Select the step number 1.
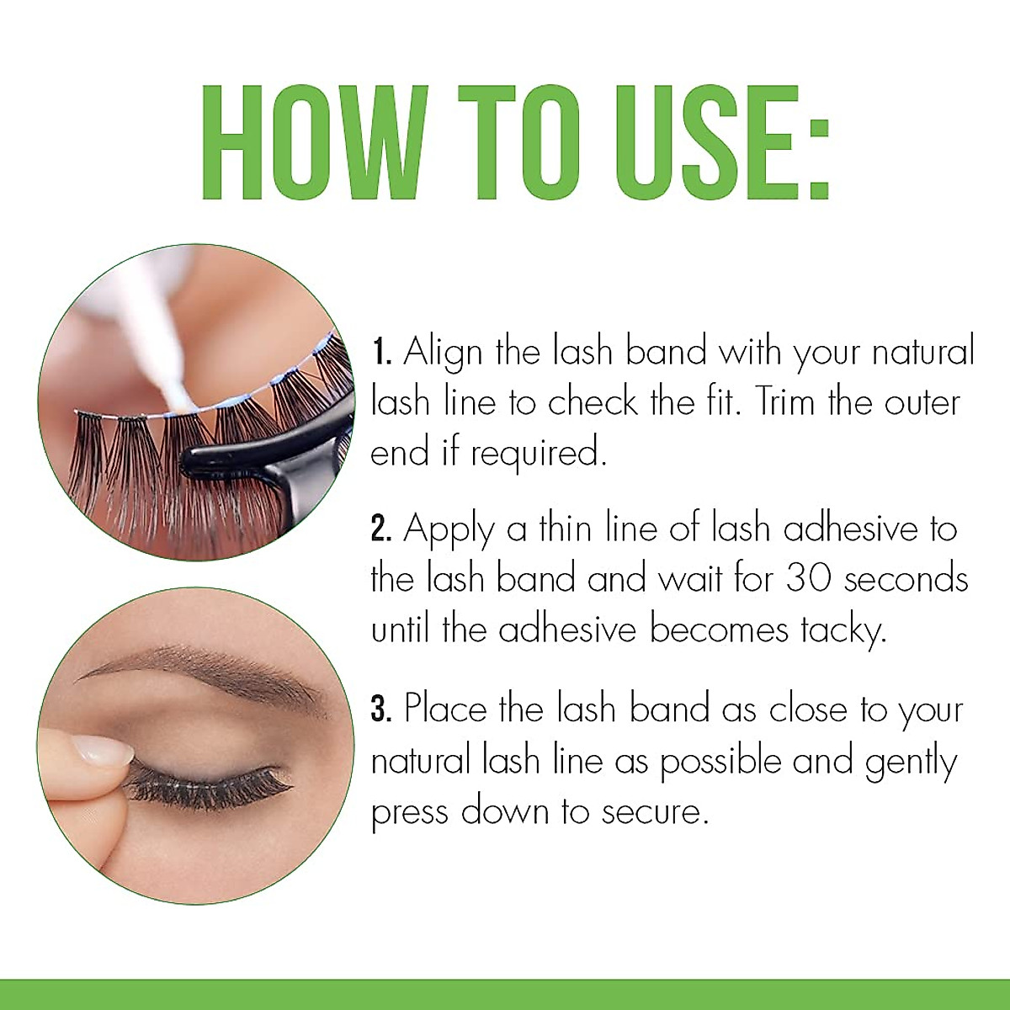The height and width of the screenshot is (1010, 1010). click(381, 352)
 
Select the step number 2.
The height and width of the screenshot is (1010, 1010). click(381, 529)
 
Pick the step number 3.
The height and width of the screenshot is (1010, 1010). click(381, 709)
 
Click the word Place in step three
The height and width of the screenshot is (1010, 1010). click(444, 709)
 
